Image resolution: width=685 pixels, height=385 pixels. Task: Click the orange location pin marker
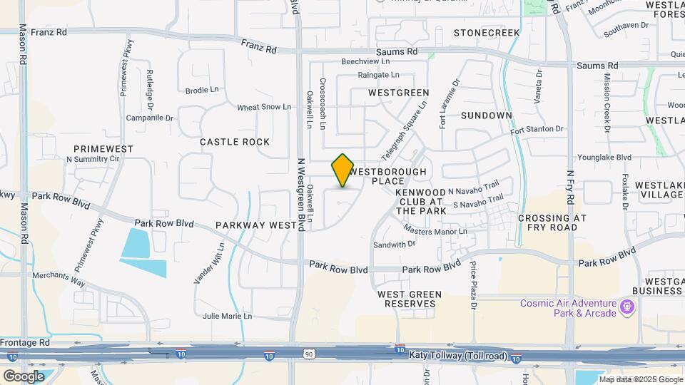pyautogui.click(x=343, y=170)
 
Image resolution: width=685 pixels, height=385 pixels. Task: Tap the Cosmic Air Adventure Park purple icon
pyautogui.click(x=628, y=307)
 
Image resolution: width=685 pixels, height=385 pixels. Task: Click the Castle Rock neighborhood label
pyautogui.click(x=235, y=142)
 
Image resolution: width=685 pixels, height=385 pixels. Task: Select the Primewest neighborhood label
pyautogui.click(x=103, y=149)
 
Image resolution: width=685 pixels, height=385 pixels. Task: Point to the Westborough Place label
pyautogui.click(x=389, y=176)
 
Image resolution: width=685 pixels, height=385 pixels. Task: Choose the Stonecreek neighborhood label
pyautogui.click(x=487, y=33)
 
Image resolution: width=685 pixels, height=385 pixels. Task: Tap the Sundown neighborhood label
pyautogui.click(x=487, y=115)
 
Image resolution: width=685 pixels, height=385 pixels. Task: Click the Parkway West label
pyautogui.click(x=256, y=225)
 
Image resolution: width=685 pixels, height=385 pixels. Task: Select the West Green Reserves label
pyautogui.click(x=410, y=299)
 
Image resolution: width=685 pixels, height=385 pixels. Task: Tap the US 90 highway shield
pyautogui.click(x=308, y=354)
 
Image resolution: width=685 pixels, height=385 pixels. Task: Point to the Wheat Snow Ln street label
pyautogui.click(x=264, y=107)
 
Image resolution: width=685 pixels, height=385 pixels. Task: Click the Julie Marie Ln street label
pyautogui.click(x=227, y=316)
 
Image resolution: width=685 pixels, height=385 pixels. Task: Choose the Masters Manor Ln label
pyautogui.click(x=435, y=230)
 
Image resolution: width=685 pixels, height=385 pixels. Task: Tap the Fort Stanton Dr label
pyautogui.click(x=537, y=130)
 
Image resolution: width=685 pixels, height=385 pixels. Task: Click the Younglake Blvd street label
pyautogui.click(x=604, y=157)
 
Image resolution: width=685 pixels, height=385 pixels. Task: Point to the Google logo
pyautogui.click(x=24, y=376)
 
